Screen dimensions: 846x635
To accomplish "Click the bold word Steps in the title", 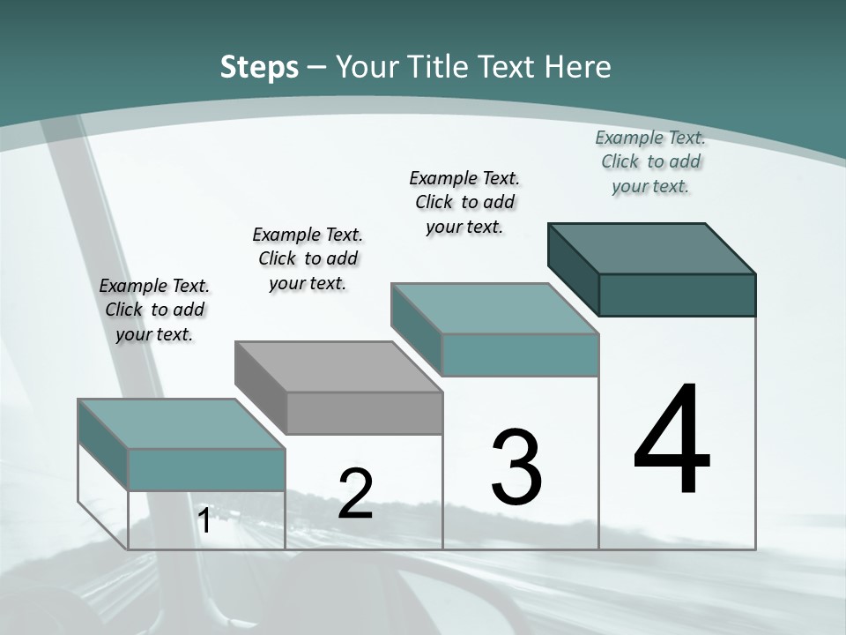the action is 259,67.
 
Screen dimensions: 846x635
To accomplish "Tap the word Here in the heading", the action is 577,67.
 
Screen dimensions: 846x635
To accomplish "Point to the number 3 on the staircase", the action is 516,467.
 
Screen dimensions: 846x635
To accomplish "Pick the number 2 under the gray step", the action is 356,494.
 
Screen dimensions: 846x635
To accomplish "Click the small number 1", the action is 204,521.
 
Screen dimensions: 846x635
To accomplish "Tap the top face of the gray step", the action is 338,366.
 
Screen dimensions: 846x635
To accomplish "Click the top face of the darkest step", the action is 652,248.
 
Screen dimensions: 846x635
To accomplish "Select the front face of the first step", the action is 206,469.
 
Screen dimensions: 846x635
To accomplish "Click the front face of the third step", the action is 520,355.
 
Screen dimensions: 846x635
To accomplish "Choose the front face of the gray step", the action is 364,413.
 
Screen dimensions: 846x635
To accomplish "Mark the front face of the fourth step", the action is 677,295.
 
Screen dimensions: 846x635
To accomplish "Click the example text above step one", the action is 154,310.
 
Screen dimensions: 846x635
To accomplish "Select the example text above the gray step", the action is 308,258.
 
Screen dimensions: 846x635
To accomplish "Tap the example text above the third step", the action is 464,202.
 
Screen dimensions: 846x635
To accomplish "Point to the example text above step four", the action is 650,161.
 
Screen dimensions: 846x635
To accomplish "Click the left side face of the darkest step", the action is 573,267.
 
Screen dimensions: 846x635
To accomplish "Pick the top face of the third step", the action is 495,308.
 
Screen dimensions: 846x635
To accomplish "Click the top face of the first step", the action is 182,423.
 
